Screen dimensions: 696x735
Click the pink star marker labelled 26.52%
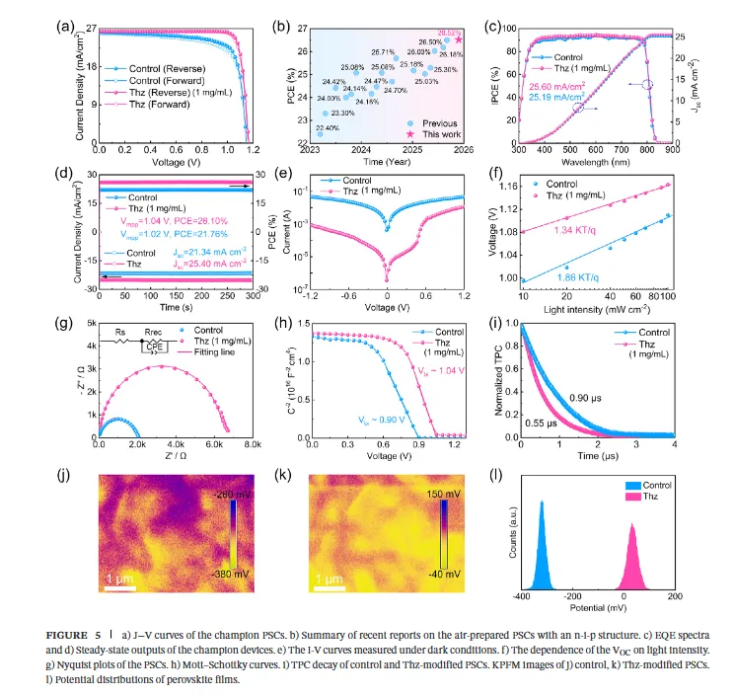tap(458, 39)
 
